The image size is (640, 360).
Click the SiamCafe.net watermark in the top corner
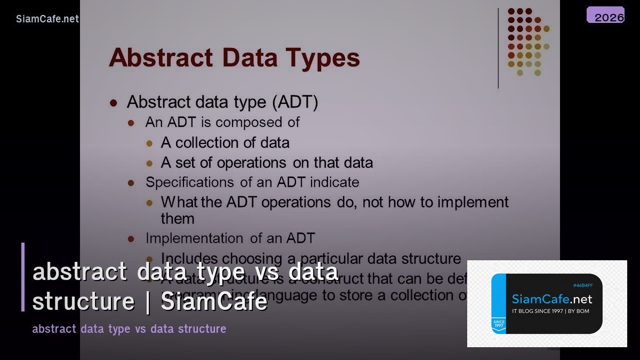click(x=47, y=19)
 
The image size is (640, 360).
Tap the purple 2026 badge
click(x=606, y=15)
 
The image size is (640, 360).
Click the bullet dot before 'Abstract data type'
click(x=113, y=102)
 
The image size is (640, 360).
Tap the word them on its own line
click(x=178, y=219)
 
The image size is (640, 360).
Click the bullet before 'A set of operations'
click(x=150, y=164)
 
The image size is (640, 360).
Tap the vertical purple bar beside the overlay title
click(x=23, y=277)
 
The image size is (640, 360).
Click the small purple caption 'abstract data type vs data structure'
click(x=129, y=329)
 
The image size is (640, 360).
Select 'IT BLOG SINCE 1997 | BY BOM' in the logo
click(x=550, y=311)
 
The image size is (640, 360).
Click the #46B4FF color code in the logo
click(x=582, y=285)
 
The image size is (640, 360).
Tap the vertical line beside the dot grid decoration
click(x=498, y=48)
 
